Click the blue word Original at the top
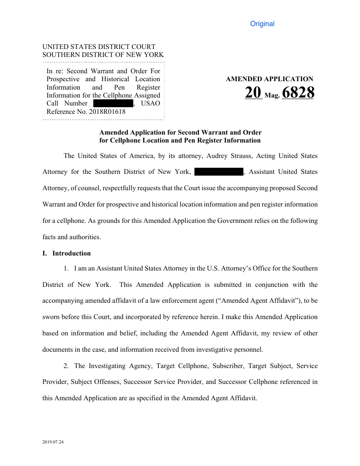262,24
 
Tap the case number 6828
297,93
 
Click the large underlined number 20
254,93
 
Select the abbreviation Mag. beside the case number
272,95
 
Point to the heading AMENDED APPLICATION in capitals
269,79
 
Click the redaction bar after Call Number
113,103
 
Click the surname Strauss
253,156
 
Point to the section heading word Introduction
71,253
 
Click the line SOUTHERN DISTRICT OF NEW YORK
103,55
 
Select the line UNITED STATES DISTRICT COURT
99,47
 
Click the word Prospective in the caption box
63,79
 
